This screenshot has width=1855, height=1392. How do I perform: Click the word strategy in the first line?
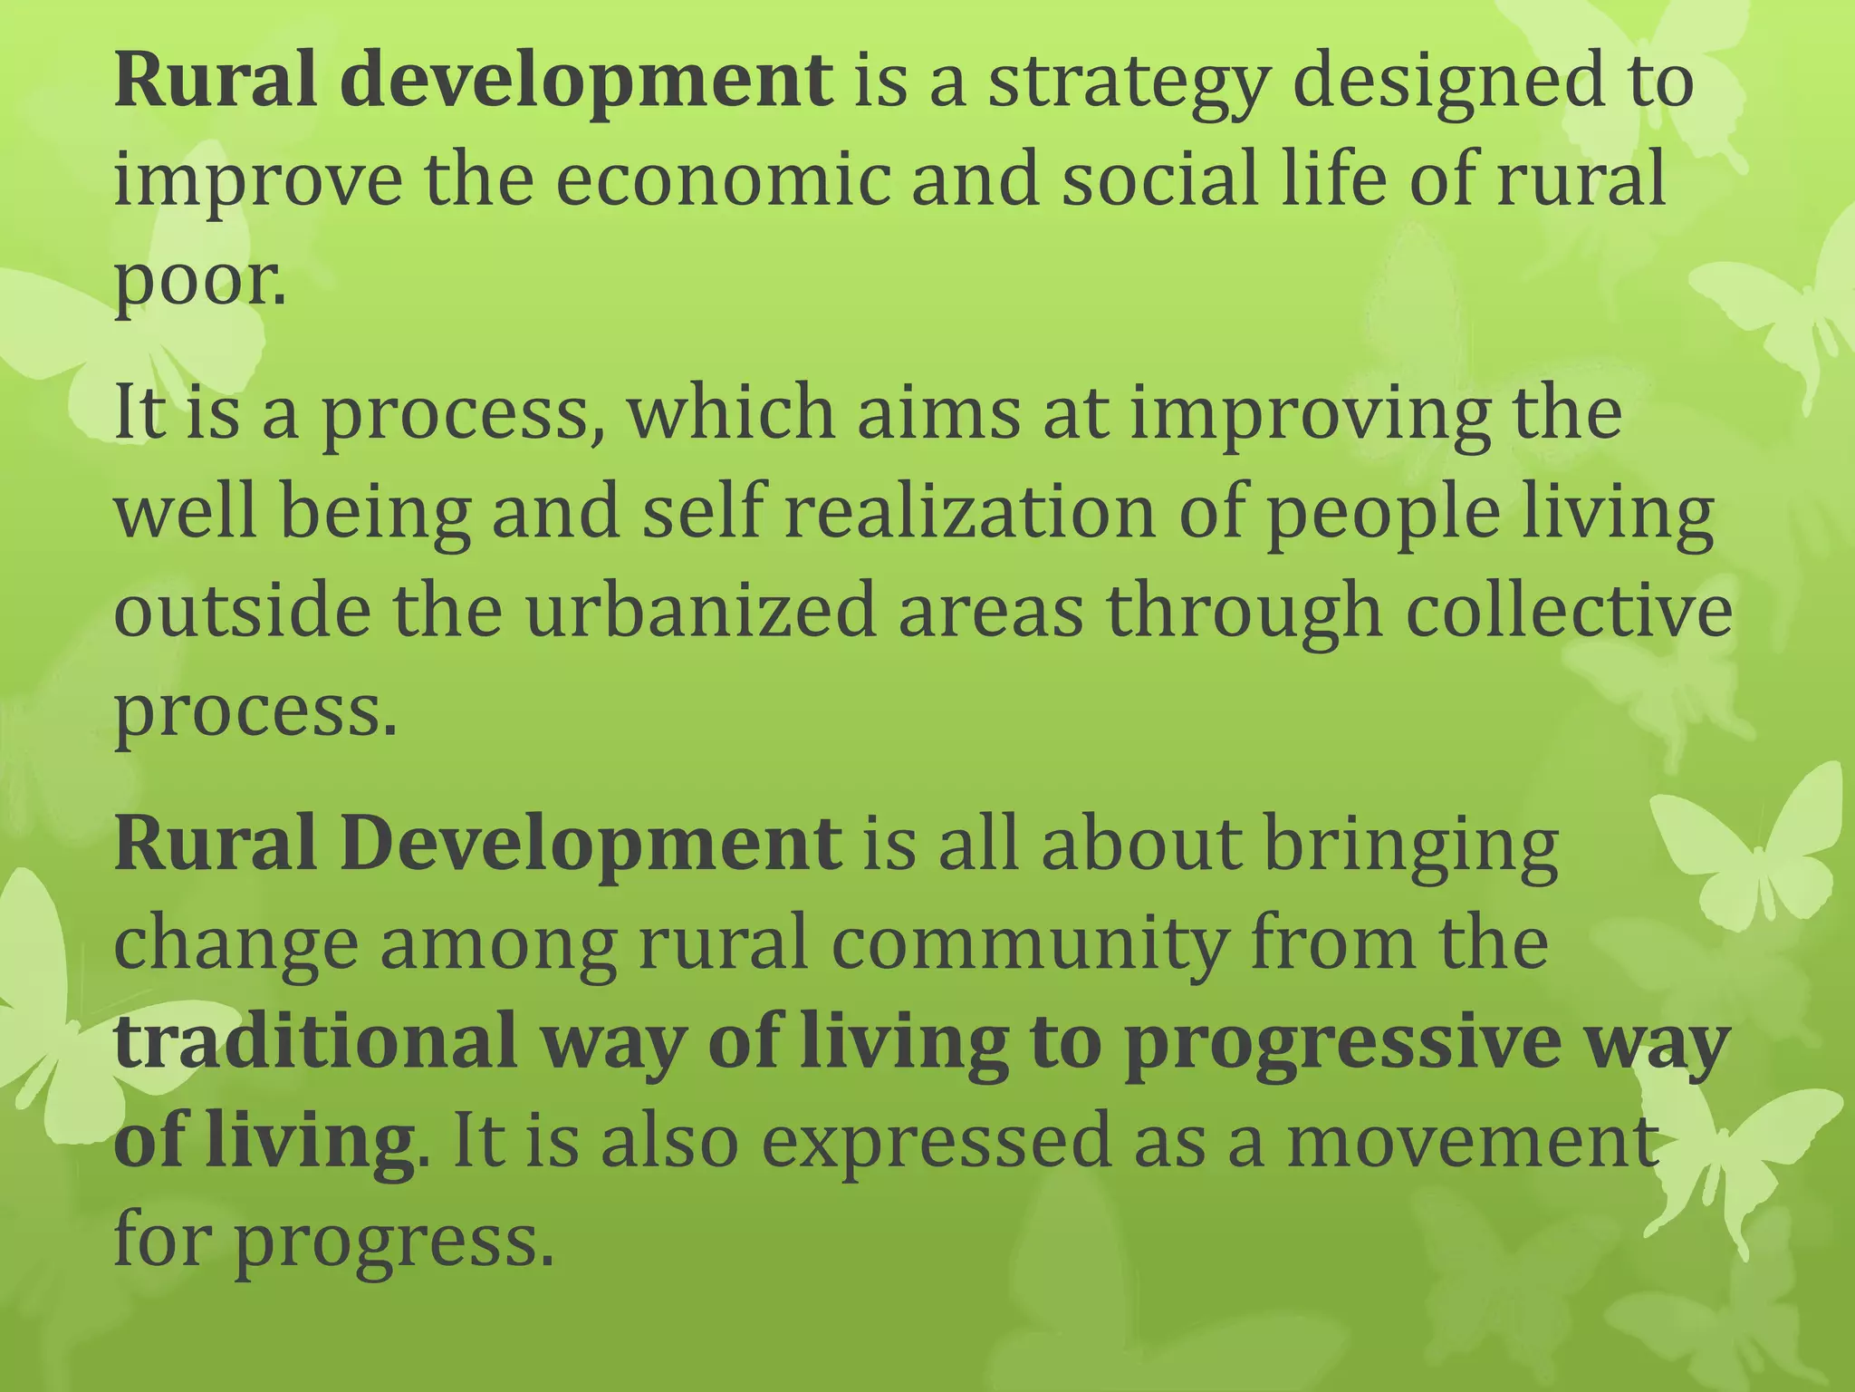click(x=1124, y=84)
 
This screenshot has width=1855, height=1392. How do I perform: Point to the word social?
click(x=1159, y=179)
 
